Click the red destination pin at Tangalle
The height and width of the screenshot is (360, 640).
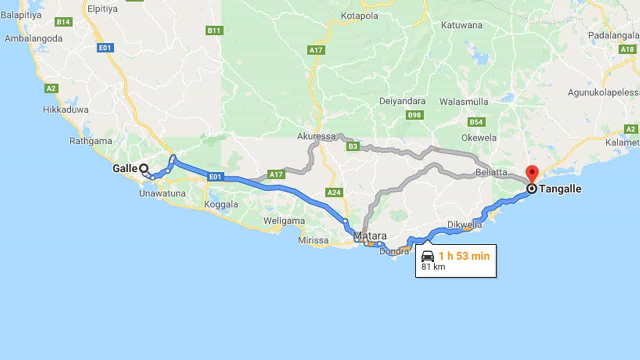pyautogui.click(x=532, y=173)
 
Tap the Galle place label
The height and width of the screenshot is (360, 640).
pyautogui.click(x=124, y=168)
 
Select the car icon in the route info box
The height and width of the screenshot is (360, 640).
pyautogui.click(x=427, y=256)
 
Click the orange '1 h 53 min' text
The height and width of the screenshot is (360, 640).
pyautogui.click(x=464, y=256)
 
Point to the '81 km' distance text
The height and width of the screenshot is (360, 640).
pyautogui.click(x=433, y=267)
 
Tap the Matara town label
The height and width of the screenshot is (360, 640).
pyautogui.click(x=370, y=235)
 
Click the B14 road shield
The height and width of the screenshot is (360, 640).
pyautogui.click(x=64, y=22)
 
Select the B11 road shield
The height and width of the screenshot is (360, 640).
pyautogui.click(x=214, y=30)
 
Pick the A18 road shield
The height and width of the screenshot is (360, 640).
pyautogui.click(x=627, y=49)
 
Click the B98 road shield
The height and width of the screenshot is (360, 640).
pyautogui.click(x=414, y=115)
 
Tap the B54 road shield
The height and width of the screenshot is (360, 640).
pyautogui.click(x=476, y=122)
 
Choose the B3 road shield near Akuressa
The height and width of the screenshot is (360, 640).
pyautogui.click(x=353, y=146)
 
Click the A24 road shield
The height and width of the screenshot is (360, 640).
pyautogui.click(x=333, y=192)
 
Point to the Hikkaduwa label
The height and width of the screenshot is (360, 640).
pyautogui.click(x=65, y=109)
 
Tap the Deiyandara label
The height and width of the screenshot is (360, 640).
pyautogui.click(x=402, y=101)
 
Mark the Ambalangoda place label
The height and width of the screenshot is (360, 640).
pyautogui.click(x=33, y=38)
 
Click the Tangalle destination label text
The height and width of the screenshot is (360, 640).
pyautogui.click(x=560, y=189)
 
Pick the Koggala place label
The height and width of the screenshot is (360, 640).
pyautogui.click(x=222, y=204)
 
